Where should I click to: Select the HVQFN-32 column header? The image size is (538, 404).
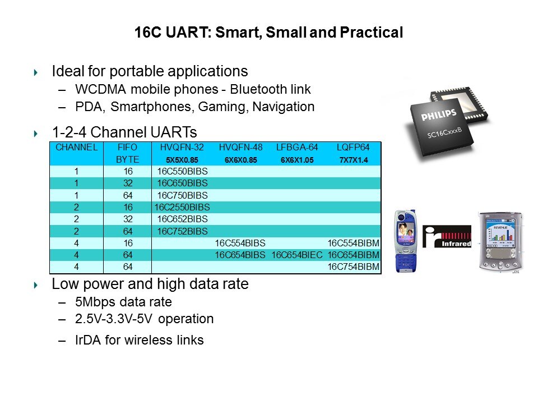click(x=182, y=148)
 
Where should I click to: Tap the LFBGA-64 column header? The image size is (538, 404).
click(x=297, y=148)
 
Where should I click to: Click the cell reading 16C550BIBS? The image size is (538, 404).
click(x=182, y=172)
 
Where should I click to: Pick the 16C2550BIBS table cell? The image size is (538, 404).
click(x=182, y=207)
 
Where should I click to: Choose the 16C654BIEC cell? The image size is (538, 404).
click(x=297, y=255)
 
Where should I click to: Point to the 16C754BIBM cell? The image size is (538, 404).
click(x=354, y=267)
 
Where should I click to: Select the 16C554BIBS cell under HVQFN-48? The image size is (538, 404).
click(x=240, y=243)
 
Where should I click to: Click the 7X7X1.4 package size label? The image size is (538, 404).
click(x=354, y=160)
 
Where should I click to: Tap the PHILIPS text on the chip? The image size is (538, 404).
click(x=438, y=114)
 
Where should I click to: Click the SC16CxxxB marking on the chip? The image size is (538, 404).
click(x=444, y=132)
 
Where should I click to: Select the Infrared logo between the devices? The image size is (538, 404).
click(x=447, y=236)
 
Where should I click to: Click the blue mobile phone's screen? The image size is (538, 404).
click(x=405, y=229)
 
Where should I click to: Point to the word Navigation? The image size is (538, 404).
click(x=284, y=107)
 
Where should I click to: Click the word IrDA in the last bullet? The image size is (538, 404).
click(x=87, y=340)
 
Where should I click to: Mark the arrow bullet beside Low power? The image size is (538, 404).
click(x=36, y=285)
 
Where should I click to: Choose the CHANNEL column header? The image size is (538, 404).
click(x=77, y=148)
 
